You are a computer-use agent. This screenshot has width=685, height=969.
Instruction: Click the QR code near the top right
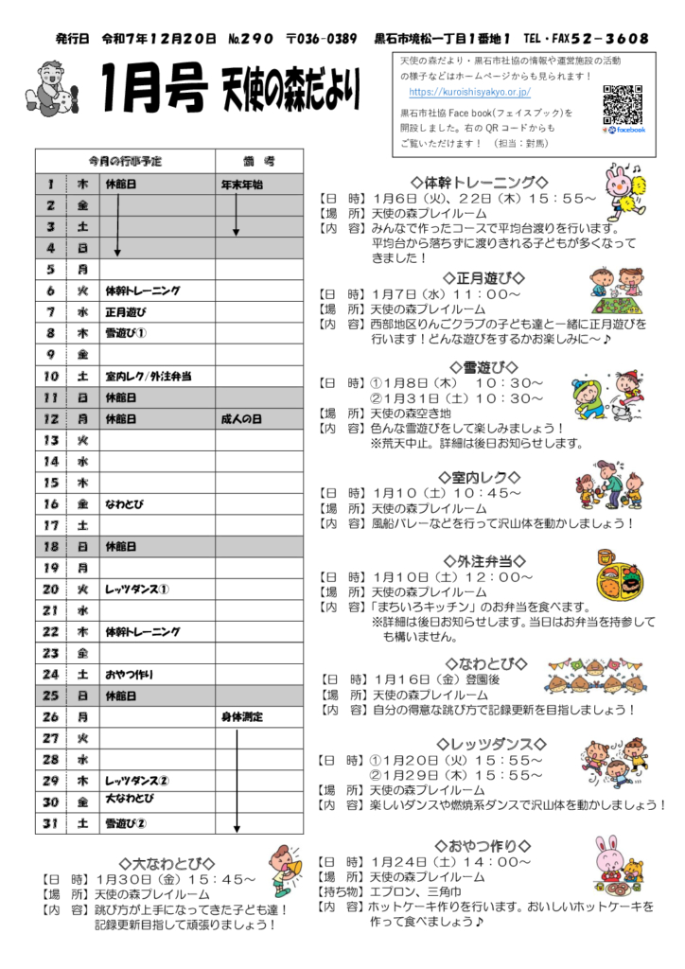623,105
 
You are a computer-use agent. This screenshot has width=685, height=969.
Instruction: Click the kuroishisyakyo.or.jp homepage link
469,92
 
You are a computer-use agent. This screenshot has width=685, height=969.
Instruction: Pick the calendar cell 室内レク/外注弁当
148,376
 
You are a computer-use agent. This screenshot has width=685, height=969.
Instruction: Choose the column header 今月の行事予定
125,161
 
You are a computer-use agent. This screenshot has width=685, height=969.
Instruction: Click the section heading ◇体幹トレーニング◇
480,182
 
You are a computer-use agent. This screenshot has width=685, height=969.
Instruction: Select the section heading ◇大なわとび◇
167,863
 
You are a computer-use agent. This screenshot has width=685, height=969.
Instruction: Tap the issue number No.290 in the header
251,39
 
